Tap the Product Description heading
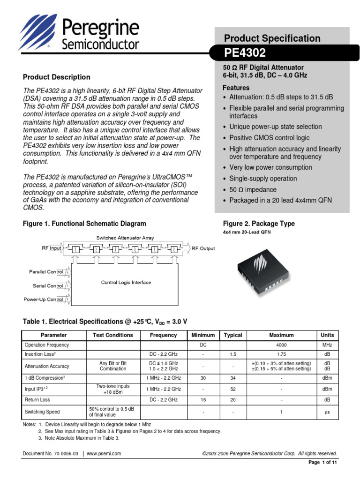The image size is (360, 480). pos(57,77)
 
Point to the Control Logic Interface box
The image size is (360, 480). pos(127,283)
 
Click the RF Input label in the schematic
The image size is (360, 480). pos(49,248)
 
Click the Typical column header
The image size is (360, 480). pos(233,335)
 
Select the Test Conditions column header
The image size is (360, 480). pos(113,335)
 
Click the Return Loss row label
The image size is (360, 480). pos(37,400)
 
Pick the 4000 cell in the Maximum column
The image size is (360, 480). pos(281,345)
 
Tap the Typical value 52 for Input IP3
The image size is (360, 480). pos(233,389)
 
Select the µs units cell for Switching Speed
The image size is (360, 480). pos(327,412)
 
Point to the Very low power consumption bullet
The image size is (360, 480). pos(270,167)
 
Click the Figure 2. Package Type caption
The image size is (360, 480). pos(259,224)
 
